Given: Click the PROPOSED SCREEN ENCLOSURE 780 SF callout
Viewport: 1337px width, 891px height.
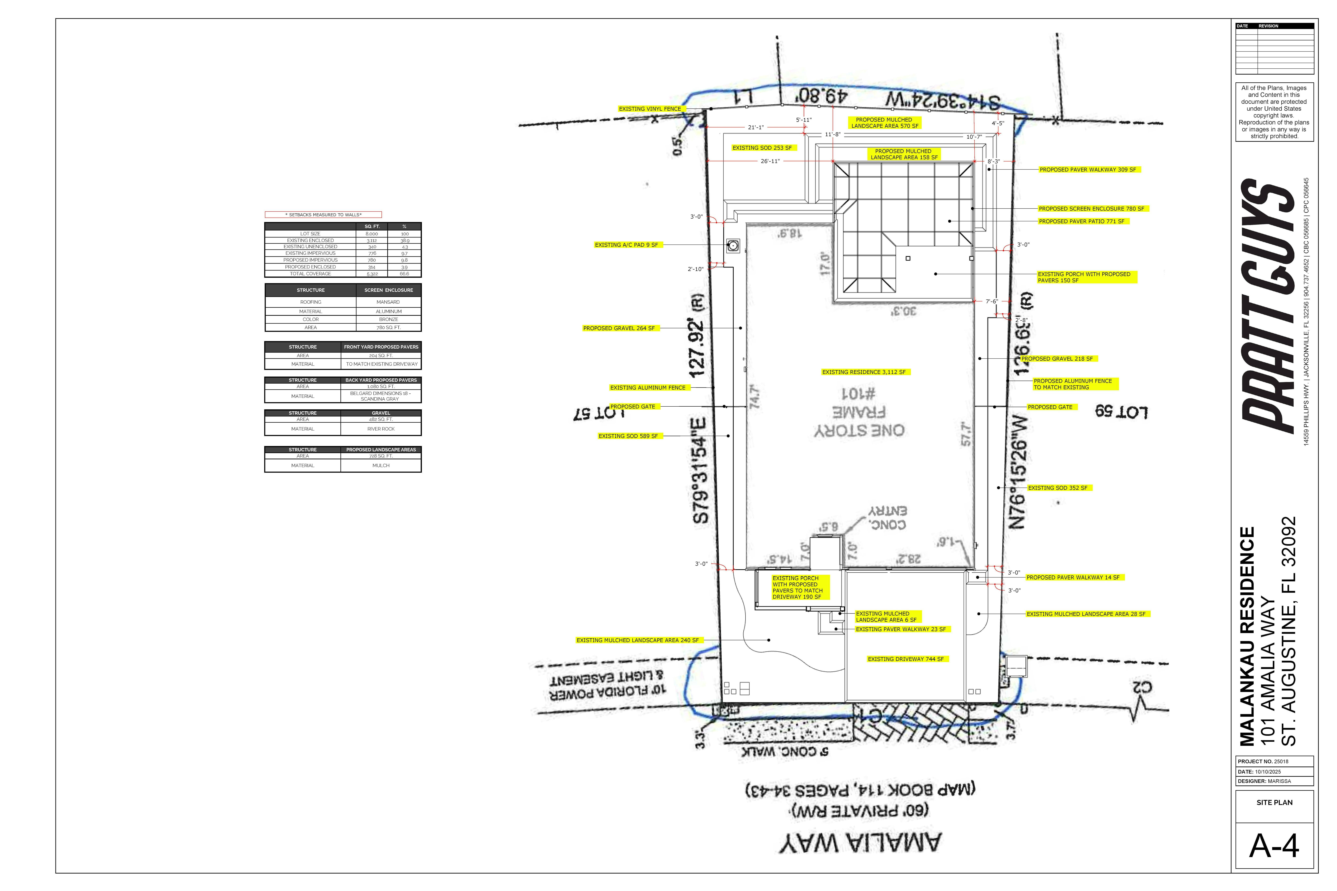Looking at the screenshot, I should tap(1091, 209).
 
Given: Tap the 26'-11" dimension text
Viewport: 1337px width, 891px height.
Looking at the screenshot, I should tap(770, 161).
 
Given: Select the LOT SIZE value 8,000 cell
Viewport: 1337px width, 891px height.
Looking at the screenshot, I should tap(372, 233).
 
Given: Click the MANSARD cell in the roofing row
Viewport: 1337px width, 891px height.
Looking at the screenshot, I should tap(388, 302).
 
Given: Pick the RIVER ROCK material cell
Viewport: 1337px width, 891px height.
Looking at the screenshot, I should tap(381, 429).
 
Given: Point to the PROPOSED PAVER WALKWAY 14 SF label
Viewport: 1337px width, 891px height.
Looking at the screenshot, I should tap(1073, 577).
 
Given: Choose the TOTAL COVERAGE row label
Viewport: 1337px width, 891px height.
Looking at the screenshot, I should tap(310, 274).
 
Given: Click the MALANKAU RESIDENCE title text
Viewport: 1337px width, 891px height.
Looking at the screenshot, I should tap(1247, 636).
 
